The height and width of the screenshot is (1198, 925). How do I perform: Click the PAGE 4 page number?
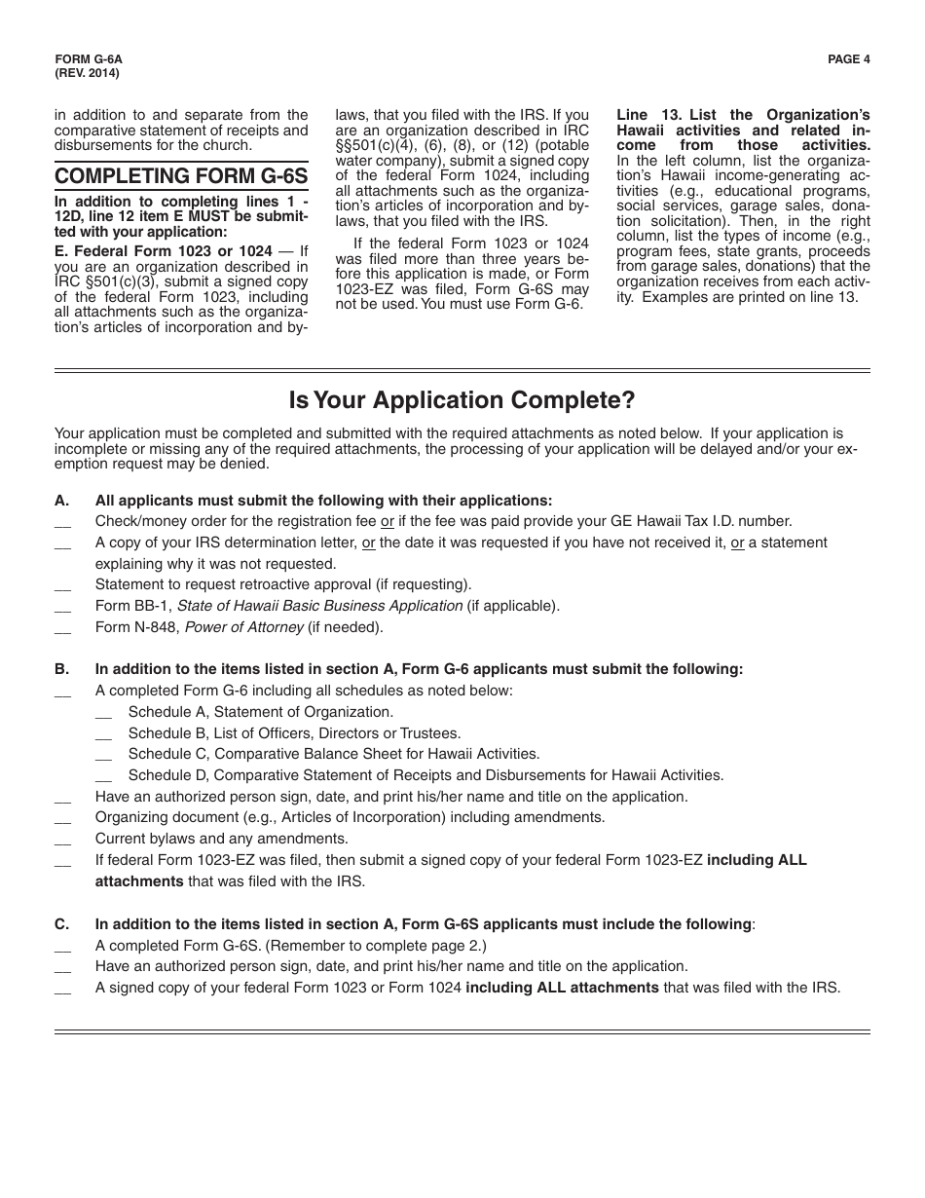pyautogui.click(x=848, y=58)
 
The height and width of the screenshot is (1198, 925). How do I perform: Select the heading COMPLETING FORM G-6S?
pyautogui.click(x=181, y=176)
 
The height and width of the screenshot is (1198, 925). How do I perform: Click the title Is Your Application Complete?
pyautogui.click(x=462, y=400)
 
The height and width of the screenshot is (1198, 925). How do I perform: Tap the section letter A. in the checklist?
pyautogui.click(x=62, y=500)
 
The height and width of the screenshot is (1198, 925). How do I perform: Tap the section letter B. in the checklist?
pyautogui.click(x=62, y=669)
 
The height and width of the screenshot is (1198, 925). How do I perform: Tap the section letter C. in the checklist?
pyautogui.click(x=62, y=923)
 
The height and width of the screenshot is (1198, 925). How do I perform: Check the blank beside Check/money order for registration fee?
pyautogui.click(x=63, y=524)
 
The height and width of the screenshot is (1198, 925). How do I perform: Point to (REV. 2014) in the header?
pyautogui.click(x=88, y=72)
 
